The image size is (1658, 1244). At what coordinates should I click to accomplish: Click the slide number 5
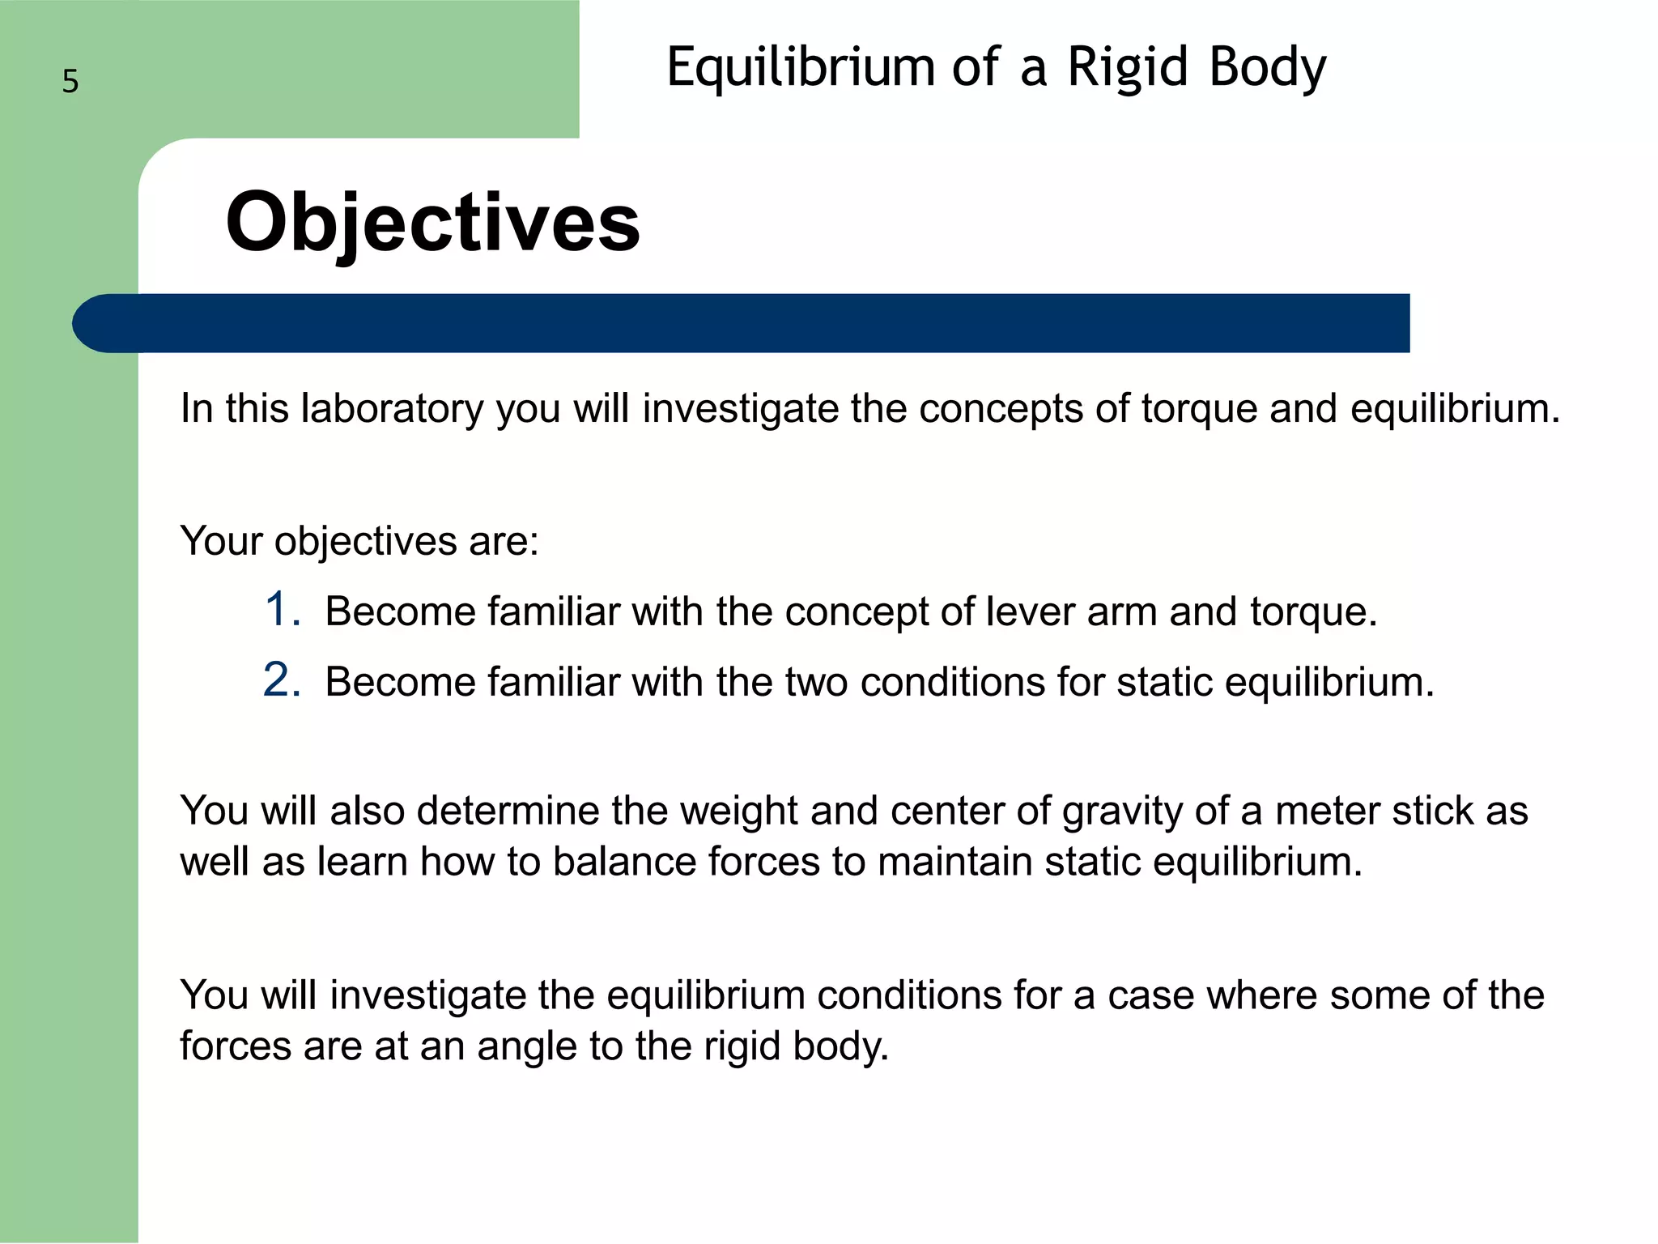coord(70,82)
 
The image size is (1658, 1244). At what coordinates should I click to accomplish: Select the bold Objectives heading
coord(432,222)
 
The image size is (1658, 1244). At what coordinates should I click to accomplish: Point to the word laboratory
coord(392,408)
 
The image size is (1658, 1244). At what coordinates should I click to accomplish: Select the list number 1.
coord(283,610)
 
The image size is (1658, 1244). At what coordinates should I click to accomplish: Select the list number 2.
coord(283,680)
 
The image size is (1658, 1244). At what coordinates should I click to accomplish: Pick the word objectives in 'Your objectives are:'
coord(366,541)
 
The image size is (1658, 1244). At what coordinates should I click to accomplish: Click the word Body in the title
coord(1267,66)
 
